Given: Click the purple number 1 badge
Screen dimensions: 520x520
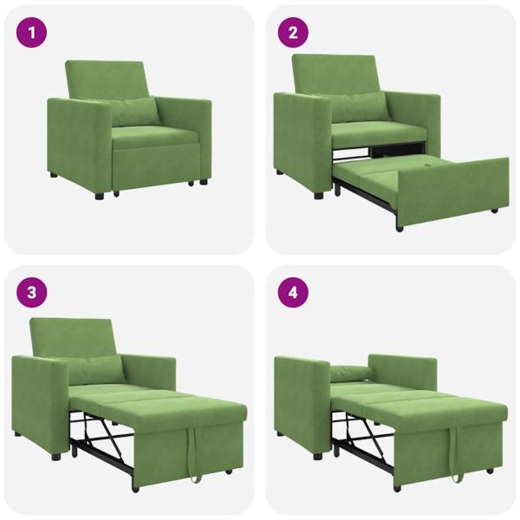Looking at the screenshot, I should point(32,35).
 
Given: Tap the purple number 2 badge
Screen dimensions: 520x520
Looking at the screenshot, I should point(293,35).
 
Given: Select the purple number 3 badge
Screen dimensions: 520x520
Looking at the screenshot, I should point(32,292).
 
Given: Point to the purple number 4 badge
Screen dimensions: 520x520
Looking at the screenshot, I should point(293,292).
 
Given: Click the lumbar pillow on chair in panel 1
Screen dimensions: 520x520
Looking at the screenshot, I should point(135,111).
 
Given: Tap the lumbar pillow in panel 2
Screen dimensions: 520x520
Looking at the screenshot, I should point(358,107).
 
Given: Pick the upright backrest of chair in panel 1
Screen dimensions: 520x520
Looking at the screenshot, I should point(106,81).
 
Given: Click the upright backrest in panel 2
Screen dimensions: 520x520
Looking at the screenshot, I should point(335,75).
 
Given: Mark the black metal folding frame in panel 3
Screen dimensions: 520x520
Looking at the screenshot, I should point(100,438).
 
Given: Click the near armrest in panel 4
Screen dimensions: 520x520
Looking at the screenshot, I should point(299,399).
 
